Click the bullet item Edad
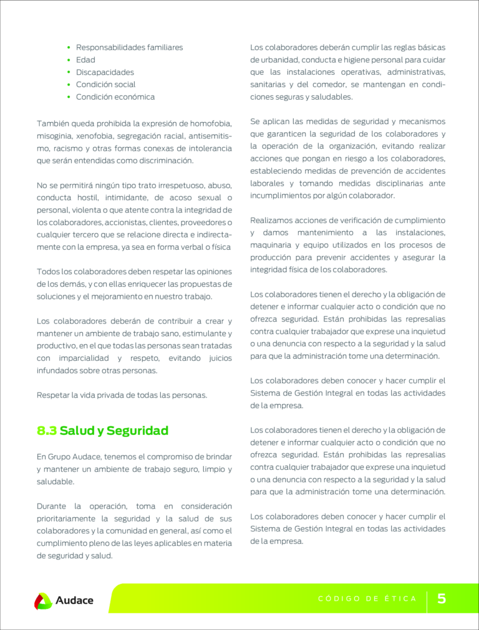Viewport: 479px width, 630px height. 85,60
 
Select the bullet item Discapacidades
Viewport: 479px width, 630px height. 105,72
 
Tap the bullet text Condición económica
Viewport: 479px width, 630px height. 115,97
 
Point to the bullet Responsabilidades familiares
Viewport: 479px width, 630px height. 129,47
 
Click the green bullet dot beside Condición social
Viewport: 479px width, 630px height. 69,85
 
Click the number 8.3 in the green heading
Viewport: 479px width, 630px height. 47,431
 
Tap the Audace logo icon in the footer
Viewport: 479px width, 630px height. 43,601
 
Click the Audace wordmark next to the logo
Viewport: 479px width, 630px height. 74,601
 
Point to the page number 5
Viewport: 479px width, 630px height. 442,599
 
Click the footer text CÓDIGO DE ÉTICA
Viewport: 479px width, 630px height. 367,599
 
